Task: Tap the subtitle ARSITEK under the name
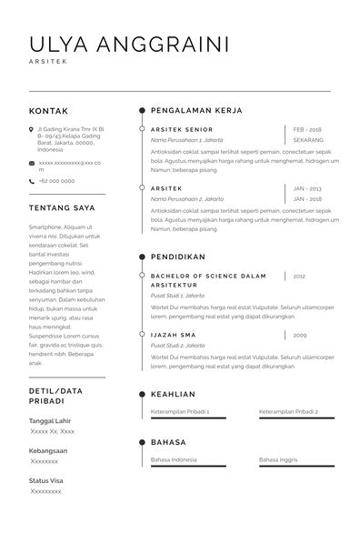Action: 47,63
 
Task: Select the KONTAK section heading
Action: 49,111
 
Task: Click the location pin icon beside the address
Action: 32,130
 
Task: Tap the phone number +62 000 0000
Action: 56,181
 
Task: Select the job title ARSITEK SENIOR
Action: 182,130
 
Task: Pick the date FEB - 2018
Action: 308,130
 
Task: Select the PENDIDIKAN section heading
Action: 178,257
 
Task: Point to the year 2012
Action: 299,276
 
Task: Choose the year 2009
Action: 299,335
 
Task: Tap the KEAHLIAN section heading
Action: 173,394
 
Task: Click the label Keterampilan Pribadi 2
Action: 288,411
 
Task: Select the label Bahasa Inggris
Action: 278,459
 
